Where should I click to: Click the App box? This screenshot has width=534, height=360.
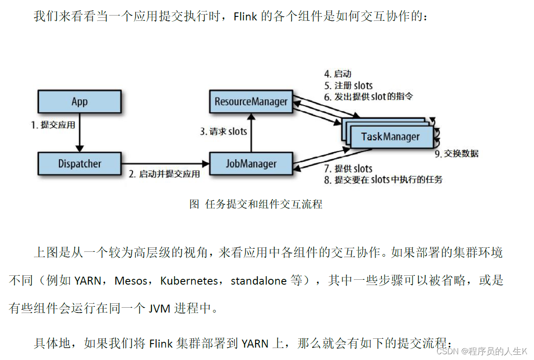click(79, 102)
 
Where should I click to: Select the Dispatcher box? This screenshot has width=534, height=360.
click(79, 164)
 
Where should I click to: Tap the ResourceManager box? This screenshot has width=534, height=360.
click(251, 102)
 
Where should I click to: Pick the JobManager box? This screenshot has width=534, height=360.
click(251, 164)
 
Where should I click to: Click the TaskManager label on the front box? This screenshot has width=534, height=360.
click(390, 136)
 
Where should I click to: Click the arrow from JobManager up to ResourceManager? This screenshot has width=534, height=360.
click(251, 133)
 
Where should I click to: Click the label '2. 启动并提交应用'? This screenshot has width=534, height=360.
click(164, 174)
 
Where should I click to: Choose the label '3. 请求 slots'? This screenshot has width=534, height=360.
click(223, 132)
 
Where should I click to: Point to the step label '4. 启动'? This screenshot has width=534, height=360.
click(338, 74)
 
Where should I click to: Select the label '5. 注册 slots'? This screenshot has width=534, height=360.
click(348, 85)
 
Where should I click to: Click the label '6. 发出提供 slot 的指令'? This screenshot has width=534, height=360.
click(369, 96)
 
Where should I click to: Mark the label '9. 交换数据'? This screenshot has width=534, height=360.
click(456, 154)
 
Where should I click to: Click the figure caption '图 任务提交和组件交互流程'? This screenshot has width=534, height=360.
click(256, 204)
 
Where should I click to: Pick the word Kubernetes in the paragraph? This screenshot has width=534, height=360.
click(189, 281)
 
